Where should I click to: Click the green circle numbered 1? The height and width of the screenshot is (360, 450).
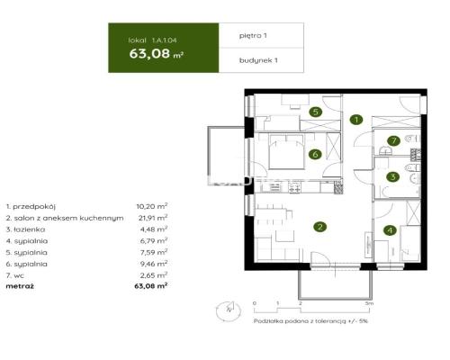pos(356,119)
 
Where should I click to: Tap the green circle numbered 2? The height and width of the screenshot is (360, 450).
pos(319,226)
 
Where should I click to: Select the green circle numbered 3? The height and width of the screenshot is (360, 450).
pos(393,177)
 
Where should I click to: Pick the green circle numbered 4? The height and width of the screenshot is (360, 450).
pos(390,230)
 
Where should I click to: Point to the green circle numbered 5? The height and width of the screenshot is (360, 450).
pos(315,112)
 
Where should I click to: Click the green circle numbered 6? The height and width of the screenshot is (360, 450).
pos(315,154)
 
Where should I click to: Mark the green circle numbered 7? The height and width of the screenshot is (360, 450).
pos(394,140)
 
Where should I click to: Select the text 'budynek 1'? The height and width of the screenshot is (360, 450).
pos(257,61)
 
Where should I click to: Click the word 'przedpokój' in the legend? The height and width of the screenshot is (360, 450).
pos(32,206)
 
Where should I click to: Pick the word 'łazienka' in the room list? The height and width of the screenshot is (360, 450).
pos(29,229)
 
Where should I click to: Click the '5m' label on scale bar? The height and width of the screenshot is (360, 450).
pos(358,303)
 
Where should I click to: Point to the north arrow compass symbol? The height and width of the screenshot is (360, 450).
pos(229,310)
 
